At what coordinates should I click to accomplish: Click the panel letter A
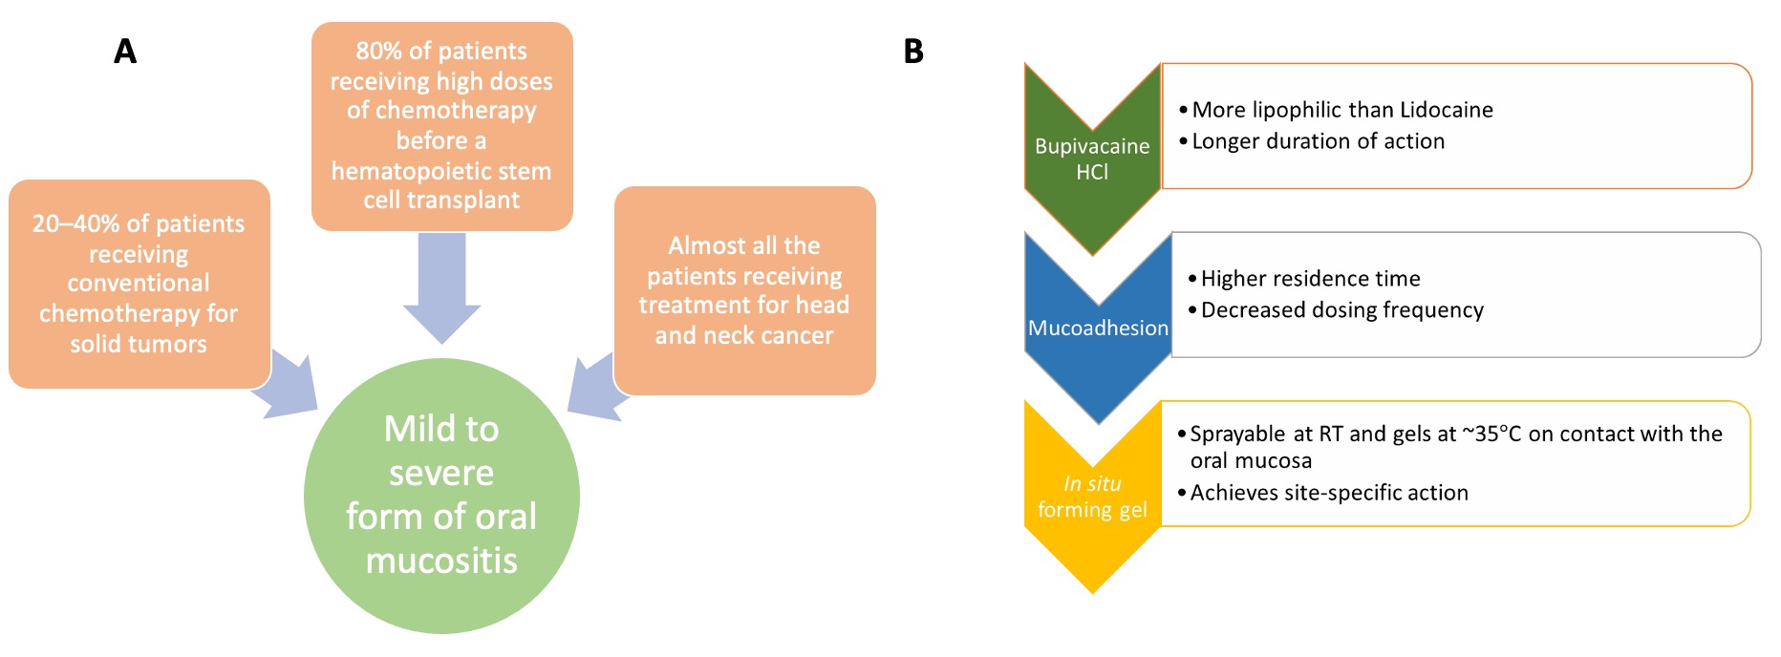[x=125, y=51]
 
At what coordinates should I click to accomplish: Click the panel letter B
[x=913, y=51]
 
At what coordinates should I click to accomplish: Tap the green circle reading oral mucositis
[x=441, y=496]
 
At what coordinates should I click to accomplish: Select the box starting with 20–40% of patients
[x=139, y=284]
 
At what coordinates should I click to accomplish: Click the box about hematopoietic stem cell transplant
[x=441, y=125]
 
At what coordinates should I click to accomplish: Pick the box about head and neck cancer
[x=744, y=290]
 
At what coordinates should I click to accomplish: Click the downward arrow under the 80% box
[x=441, y=286]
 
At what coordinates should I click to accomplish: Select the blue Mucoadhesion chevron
[x=1098, y=328]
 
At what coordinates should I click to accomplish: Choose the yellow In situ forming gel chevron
[x=1092, y=498]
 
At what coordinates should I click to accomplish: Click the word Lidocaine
[x=1446, y=110]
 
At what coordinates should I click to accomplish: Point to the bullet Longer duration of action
[x=1318, y=141]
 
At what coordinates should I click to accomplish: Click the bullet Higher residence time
[x=1310, y=279]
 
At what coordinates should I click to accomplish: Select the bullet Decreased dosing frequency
[x=1341, y=310]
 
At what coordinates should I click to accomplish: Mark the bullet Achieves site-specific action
[x=1328, y=493]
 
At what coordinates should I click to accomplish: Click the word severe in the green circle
[x=441, y=474]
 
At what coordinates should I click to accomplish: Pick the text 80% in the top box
[x=376, y=51]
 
